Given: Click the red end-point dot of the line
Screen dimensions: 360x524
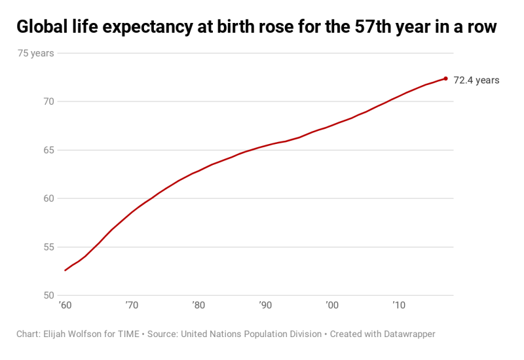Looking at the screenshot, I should pos(445,79).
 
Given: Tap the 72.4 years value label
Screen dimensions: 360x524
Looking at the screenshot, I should pos(476,81).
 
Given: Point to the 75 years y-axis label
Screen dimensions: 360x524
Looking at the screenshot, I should pos(36,54).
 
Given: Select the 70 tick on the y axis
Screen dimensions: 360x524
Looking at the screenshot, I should pos(48,101).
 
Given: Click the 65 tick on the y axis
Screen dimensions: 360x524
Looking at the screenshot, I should pos(48,150).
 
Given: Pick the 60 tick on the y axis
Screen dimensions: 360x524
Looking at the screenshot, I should pos(48,198).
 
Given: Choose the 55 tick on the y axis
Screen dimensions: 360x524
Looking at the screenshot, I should pos(48,247).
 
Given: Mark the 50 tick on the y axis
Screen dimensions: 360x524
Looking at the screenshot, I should pos(48,296).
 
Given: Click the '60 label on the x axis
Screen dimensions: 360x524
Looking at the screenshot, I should pos(65,306).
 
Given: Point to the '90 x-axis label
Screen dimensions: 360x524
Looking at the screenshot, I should pos(265,306).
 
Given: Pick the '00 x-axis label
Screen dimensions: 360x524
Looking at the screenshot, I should pos(331,306).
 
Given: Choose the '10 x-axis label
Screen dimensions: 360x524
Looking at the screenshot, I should pos(398,306).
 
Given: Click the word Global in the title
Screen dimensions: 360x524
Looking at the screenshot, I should pos(41,27).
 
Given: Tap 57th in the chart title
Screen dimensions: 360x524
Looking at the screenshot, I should pos(376,27).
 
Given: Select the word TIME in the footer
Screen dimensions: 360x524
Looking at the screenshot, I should pos(128,334).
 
